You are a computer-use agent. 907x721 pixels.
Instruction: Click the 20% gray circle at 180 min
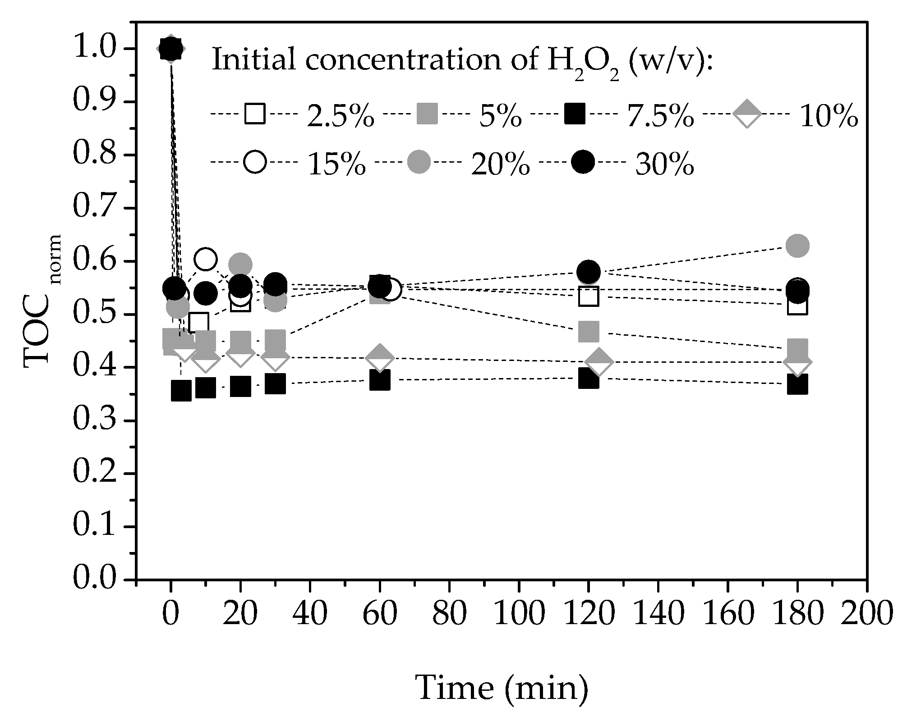(x=797, y=246)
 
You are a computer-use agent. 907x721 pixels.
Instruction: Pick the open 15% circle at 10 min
(x=205, y=259)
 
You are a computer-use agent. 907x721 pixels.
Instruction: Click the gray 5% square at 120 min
(x=588, y=332)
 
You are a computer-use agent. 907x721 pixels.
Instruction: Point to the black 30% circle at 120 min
(x=588, y=272)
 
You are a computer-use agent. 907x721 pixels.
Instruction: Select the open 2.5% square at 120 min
(x=588, y=297)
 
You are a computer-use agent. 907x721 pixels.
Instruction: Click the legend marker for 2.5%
(x=255, y=114)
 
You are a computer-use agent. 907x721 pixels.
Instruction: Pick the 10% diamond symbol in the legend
(x=746, y=114)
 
